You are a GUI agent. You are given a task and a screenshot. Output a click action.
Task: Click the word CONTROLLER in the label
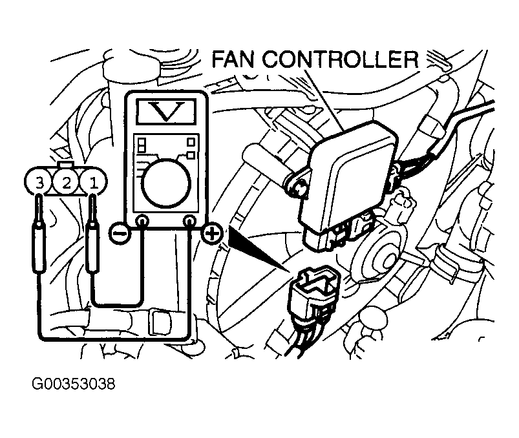click(340, 59)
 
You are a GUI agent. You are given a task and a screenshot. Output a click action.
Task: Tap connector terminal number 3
click(39, 182)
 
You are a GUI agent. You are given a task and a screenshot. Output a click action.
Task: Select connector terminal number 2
click(66, 182)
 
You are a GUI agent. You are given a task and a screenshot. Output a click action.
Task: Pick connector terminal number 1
click(94, 182)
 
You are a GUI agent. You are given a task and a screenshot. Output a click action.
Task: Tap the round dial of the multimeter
click(166, 183)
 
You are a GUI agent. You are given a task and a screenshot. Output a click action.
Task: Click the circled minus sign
click(119, 234)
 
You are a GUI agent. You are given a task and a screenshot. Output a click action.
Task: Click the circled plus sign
click(212, 234)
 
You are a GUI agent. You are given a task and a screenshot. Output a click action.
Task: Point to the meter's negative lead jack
click(143, 221)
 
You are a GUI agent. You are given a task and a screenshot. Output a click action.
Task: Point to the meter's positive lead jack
click(189, 221)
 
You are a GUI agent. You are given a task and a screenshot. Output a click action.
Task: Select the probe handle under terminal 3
click(39, 248)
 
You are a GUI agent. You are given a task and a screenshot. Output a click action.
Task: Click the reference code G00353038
click(73, 384)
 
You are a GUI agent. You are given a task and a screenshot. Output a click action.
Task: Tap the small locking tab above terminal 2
click(66, 165)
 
